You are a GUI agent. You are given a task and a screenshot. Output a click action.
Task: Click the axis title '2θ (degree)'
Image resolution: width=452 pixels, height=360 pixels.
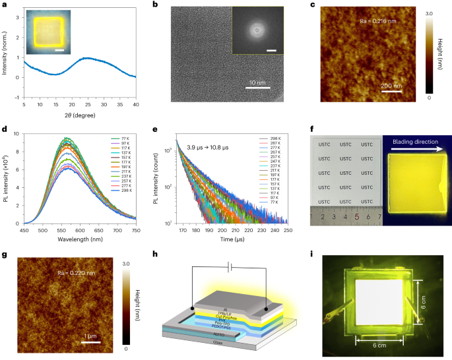80,113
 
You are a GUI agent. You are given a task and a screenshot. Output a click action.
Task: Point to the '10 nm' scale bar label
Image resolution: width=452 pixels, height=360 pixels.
256,83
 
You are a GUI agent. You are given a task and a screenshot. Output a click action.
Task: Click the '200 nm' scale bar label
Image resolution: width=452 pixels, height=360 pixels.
391,86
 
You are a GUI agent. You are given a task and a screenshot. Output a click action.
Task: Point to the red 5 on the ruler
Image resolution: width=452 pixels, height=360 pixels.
357,215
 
